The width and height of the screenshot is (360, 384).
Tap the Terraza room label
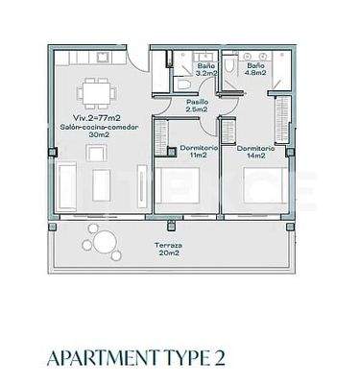pyautogui.click(x=170, y=246)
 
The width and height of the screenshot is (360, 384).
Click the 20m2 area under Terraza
pyautogui.click(x=170, y=254)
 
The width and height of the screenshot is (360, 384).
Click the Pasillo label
pyautogui.click(x=196, y=100)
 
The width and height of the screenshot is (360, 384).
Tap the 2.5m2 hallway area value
pyautogui.click(x=196, y=109)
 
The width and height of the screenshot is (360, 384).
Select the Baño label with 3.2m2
pyautogui.click(x=205, y=65)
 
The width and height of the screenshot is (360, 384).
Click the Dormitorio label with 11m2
pyautogui.click(x=199, y=147)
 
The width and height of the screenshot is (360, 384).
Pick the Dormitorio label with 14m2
pyautogui.click(x=254, y=147)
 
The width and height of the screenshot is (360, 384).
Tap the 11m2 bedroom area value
pyautogui.click(x=199, y=156)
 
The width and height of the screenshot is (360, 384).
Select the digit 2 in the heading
pyautogui.click(x=220, y=359)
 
